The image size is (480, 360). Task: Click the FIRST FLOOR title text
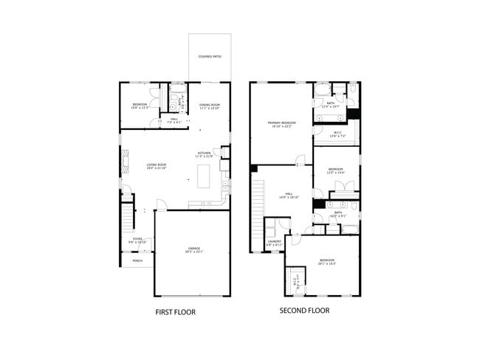(175, 312)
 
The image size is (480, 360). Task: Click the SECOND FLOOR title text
(304, 311)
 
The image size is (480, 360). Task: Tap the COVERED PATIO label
(210, 57)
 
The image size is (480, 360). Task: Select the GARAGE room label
(194, 249)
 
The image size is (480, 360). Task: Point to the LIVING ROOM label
(156, 166)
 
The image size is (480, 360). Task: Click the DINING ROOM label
(210, 106)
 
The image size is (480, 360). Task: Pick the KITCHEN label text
(203, 155)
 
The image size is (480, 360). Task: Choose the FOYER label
(137, 240)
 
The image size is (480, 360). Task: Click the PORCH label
(137, 261)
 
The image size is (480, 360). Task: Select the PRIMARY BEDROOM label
(281, 124)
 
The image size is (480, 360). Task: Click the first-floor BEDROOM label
(140, 106)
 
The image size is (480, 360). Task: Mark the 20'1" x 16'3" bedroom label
(327, 261)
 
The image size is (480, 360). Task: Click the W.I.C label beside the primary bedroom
(337, 134)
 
